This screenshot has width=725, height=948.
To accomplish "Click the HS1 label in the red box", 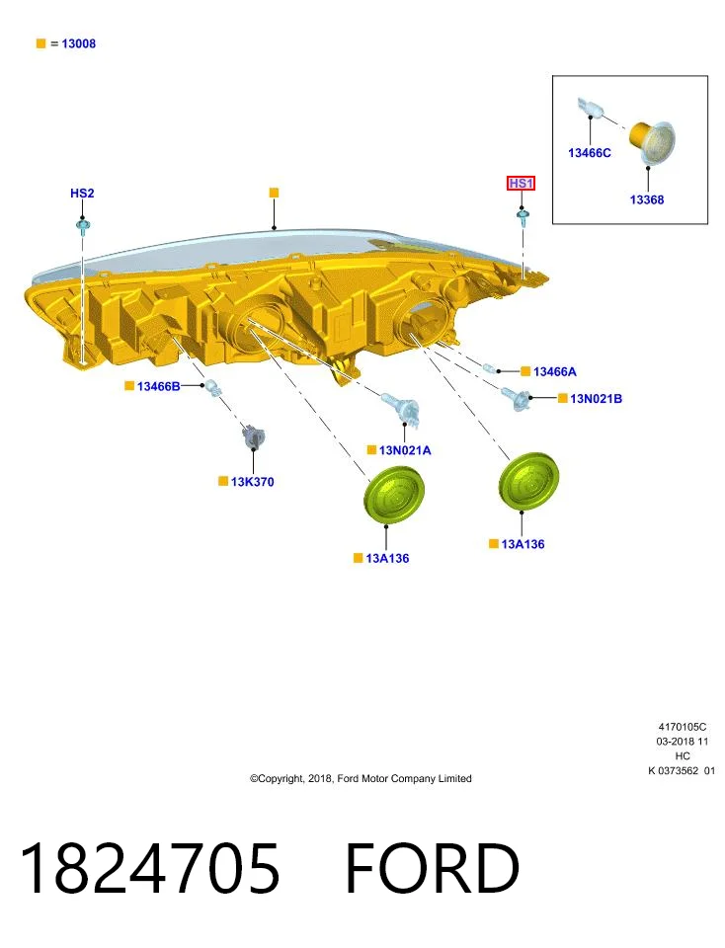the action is (x=521, y=184).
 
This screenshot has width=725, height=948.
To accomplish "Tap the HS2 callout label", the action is (x=82, y=194).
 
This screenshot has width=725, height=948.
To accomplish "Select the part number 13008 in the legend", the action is (x=79, y=43).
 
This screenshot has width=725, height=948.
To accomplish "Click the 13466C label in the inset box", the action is (x=590, y=153).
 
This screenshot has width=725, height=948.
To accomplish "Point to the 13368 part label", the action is (x=646, y=199).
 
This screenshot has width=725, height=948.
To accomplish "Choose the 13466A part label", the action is (x=554, y=372).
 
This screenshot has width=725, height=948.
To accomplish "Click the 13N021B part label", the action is (x=596, y=398).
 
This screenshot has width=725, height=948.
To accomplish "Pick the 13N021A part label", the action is (x=405, y=450).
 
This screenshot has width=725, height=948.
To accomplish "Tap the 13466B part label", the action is (x=158, y=386).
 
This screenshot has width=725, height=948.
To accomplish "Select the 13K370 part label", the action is (x=252, y=482).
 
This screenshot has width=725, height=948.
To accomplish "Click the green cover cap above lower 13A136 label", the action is (x=394, y=494).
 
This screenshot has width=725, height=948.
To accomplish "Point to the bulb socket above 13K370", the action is (x=253, y=437).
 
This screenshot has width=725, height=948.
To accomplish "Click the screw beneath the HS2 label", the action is (x=83, y=227).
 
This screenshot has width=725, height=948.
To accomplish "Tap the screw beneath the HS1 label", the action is (x=523, y=217).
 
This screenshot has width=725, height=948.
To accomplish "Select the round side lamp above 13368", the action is (x=652, y=142).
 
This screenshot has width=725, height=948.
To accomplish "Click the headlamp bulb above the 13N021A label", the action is (x=400, y=406).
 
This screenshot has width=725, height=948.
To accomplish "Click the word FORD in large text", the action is (x=432, y=868).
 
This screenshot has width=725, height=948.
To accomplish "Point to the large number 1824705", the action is (x=150, y=868).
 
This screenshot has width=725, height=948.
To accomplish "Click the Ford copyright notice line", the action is (x=361, y=779).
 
